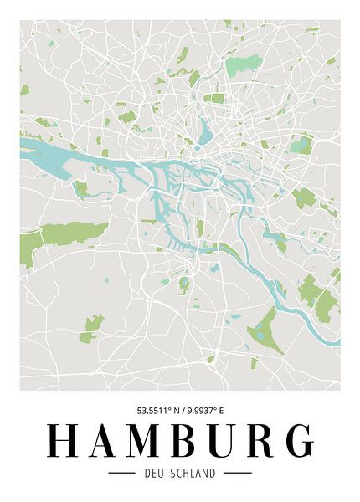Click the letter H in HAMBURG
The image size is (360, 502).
pyautogui.click(x=63, y=442)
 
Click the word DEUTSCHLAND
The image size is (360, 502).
pyautogui.click(x=180, y=473)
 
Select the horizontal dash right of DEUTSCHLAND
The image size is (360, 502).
pyautogui.click(x=238, y=473)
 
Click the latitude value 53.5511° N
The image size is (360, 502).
pyautogui.click(x=156, y=411)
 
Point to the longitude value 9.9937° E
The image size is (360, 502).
pyautogui.click(x=204, y=411)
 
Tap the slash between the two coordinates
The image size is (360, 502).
pyautogui.click(x=180, y=411)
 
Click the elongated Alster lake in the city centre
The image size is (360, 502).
pyautogui.click(x=206, y=130)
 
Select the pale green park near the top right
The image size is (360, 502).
pyautogui.click(x=244, y=64)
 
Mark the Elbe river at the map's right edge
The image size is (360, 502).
pyautogui.click(x=333, y=340)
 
